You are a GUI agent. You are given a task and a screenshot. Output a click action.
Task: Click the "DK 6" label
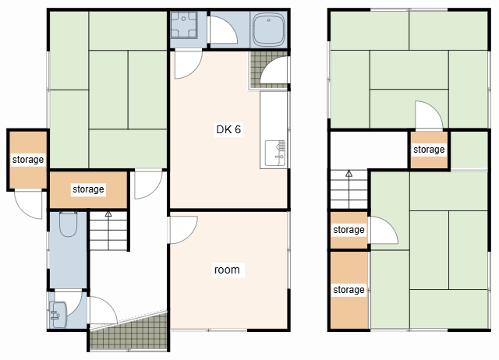(x=228, y=129)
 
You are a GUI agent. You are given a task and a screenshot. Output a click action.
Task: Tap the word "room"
(x=227, y=270)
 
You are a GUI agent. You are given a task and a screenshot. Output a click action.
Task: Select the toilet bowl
(x=68, y=224)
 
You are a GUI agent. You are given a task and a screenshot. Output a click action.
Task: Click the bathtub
(x=268, y=30)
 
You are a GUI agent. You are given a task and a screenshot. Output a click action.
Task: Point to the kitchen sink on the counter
(x=275, y=153)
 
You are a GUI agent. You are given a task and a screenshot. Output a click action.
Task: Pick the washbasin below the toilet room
(x=58, y=315)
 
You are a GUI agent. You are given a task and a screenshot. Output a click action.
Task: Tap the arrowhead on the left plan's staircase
(x=108, y=214)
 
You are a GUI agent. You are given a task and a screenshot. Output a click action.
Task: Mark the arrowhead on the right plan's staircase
(x=349, y=173)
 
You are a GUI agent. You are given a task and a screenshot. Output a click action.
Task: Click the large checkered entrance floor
(x=129, y=332)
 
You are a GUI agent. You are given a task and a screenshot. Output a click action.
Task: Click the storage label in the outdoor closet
(x=28, y=159)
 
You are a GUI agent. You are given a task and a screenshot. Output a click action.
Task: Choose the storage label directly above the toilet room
(x=88, y=189)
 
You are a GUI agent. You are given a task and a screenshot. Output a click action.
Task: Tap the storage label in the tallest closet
(x=349, y=290)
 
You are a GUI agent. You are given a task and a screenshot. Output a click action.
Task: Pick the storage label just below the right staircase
(x=349, y=230)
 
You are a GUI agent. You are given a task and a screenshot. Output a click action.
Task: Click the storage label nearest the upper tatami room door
(x=429, y=149)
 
